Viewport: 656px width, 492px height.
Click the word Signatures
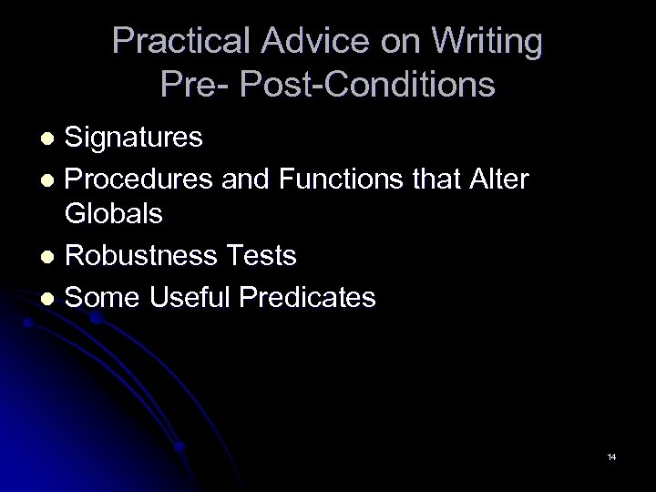tap(135, 138)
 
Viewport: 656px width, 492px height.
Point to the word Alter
tap(494, 179)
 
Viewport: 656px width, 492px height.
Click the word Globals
tap(114, 215)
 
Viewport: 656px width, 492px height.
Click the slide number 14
tap(610, 456)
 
